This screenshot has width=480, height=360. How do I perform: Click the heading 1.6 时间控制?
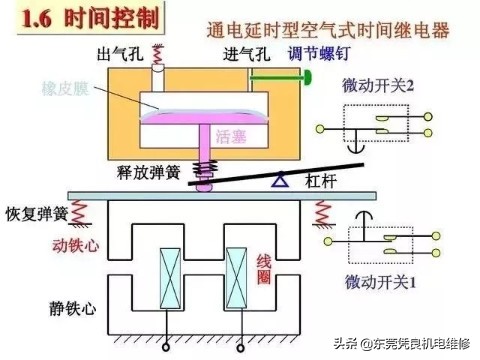pos(86,19)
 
